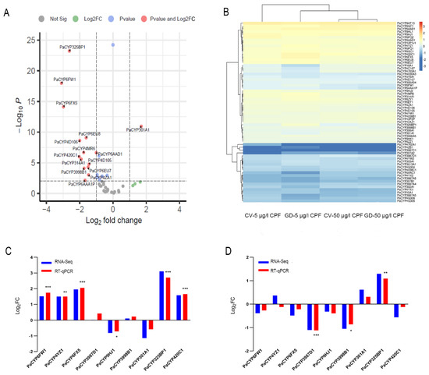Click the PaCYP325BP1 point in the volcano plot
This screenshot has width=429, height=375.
pyautogui.click(x=69, y=51)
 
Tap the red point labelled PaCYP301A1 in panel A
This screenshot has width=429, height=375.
pyautogui.click(x=141, y=126)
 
